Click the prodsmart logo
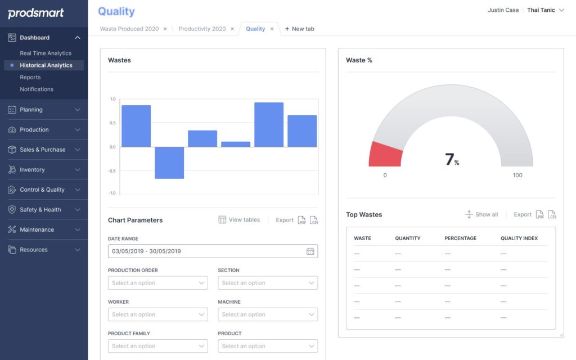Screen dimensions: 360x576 click(36, 13)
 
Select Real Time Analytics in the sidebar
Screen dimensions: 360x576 click(46, 53)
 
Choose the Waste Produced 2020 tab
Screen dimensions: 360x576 click(129, 29)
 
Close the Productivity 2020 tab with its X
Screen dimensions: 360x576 click(232, 29)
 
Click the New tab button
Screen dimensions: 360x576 click(299, 29)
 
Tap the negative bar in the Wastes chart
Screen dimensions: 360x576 click(169, 163)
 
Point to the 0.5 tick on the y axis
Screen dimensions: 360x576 click(113, 123)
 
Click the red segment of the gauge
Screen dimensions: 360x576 click(386, 154)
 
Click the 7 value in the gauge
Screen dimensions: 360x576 click(450, 160)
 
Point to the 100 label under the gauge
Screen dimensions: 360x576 click(517, 175)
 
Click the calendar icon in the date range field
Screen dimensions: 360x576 click(310, 251)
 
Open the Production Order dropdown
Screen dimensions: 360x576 click(157, 283)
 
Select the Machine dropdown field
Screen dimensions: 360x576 click(267, 314)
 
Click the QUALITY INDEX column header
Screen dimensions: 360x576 click(519, 238)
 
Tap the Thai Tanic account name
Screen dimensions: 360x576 click(541, 10)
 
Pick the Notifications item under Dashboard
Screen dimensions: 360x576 click(37, 89)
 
